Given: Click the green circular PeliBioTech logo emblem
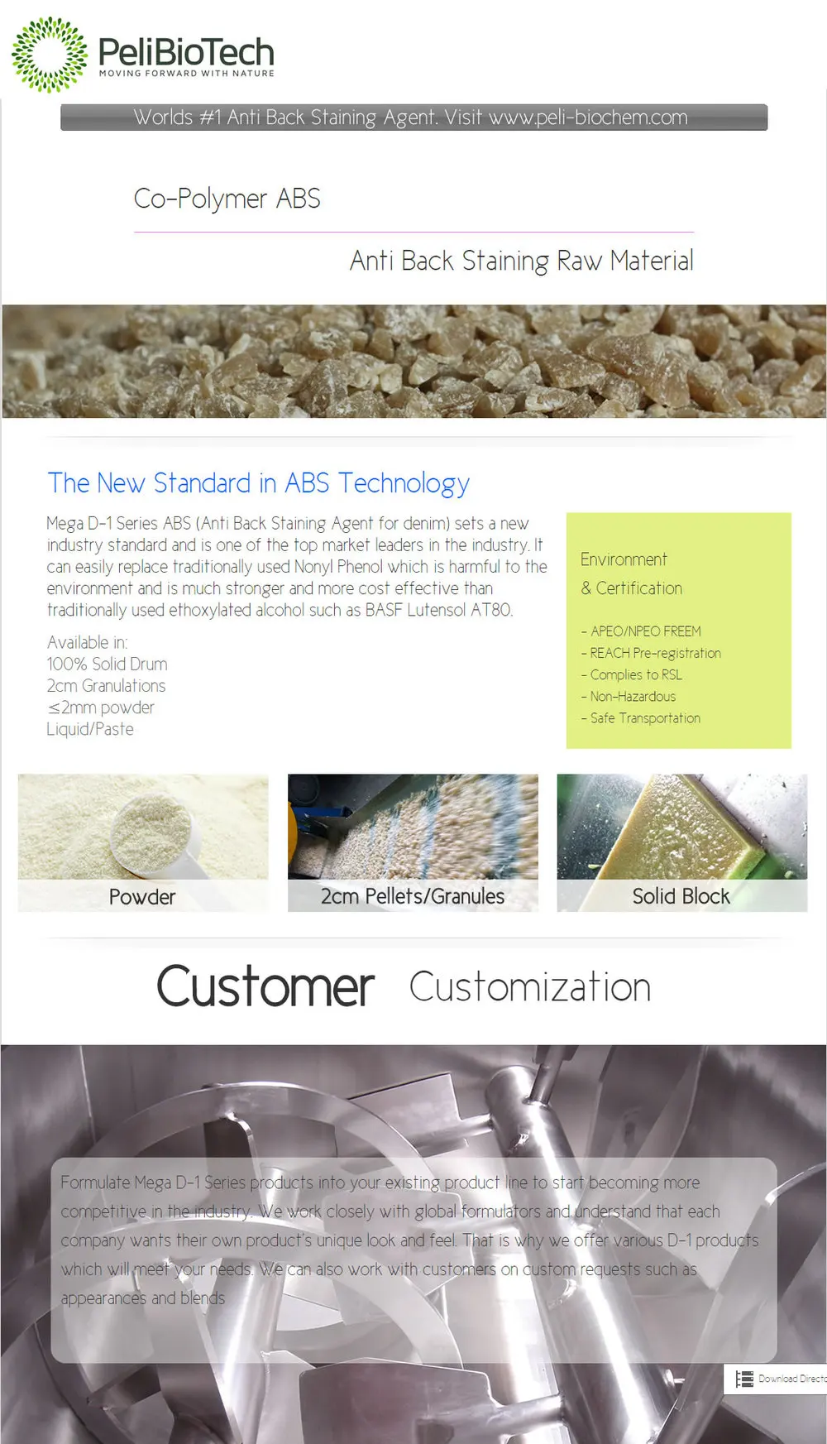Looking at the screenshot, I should click(x=49, y=55).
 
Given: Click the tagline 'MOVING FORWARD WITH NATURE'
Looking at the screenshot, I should click(x=186, y=74).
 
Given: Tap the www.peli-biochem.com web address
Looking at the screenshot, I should click(x=588, y=118).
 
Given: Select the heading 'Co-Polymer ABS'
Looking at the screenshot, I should click(x=227, y=199).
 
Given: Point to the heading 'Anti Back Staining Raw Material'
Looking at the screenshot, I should click(x=521, y=261).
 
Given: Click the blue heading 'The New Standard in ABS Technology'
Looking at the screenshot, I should click(x=258, y=483).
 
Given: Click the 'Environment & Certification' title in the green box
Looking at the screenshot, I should click(x=631, y=573).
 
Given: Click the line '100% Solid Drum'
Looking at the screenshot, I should click(x=108, y=664).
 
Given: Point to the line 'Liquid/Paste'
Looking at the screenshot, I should click(x=90, y=729).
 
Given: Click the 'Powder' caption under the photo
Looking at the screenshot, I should click(x=142, y=897).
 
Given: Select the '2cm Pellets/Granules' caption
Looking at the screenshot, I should click(x=413, y=896).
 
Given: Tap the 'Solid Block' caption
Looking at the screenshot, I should click(x=681, y=896).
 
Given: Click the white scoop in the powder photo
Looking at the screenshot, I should click(x=157, y=836).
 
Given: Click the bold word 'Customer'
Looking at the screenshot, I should click(x=265, y=987).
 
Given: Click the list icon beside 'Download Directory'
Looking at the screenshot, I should click(x=744, y=1379).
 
